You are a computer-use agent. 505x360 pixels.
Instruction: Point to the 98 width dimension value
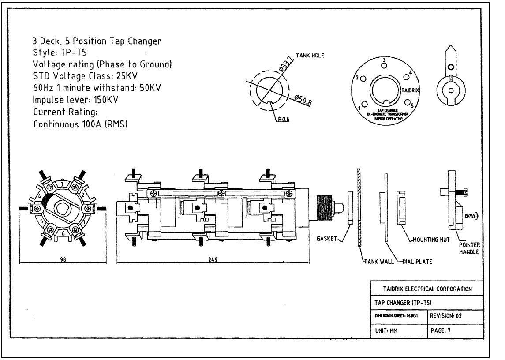coord(63,259)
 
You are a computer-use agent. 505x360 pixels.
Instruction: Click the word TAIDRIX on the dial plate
coord(411,90)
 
